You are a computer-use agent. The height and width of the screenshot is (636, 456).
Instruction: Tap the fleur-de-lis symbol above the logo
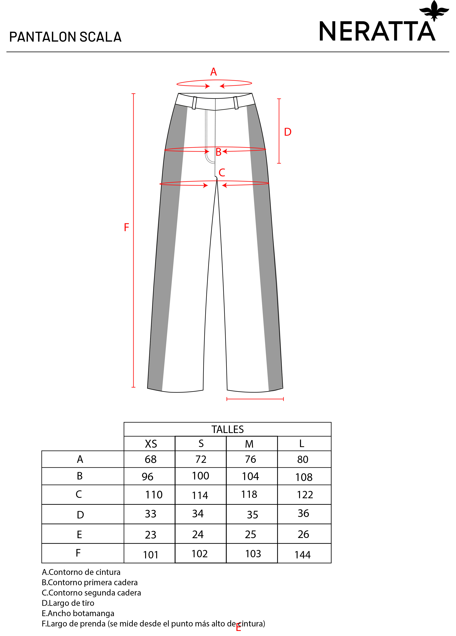434,11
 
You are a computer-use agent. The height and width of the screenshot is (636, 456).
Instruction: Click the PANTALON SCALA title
65,37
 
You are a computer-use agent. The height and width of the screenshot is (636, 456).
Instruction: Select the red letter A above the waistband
213,72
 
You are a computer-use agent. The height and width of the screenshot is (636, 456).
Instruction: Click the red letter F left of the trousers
126,227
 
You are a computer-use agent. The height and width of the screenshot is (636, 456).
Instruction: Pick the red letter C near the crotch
222,172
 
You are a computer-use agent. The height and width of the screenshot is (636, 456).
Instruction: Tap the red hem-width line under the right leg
255,399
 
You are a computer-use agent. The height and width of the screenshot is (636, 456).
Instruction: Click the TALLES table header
228,429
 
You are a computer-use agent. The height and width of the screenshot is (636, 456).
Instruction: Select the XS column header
151,444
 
